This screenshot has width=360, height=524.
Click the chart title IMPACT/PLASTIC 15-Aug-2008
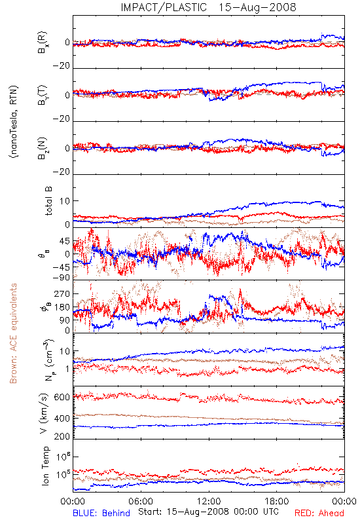pyautogui.click(x=208, y=7)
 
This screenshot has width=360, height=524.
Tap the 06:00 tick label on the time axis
pyautogui.click(x=141, y=501)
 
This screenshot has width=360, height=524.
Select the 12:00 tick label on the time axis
pyautogui.click(x=209, y=501)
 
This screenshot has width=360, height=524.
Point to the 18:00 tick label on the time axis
pyautogui.click(x=277, y=501)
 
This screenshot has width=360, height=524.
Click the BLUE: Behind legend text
pyautogui.click(x=101, y=514)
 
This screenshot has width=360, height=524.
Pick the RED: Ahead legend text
pyautogui.click(x=319, y=514)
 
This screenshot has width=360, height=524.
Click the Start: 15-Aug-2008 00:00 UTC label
pyautogui.click(x=208, y=512)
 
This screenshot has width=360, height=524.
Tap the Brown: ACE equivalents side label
pyautogui.click(x=13, y=333)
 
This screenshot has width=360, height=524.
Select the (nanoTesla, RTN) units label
pyautogui.click(x=14, y=122)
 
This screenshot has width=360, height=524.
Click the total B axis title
pyautogui.click(x=48, y=201)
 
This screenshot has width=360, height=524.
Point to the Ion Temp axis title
pyautogui.click(x=45, y=466)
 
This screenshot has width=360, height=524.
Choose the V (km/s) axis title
pyautogui.click(x=45, y=413)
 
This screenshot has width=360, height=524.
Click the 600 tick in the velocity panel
pyautogui.click(x=62, y=397)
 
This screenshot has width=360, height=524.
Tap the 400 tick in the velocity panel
pyautogui.click(x=62, y=419)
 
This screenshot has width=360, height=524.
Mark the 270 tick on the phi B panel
pyautogui.click(x=62, y=293)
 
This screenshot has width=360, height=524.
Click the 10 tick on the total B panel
pyautogui.click(x=65, y=201)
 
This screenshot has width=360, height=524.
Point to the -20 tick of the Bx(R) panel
pyautogui.click(x=62, y=66)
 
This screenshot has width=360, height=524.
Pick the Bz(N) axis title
pyautogui.click(x=43, y=148)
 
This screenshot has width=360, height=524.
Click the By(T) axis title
pyautogui.click(x=43, y=95)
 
